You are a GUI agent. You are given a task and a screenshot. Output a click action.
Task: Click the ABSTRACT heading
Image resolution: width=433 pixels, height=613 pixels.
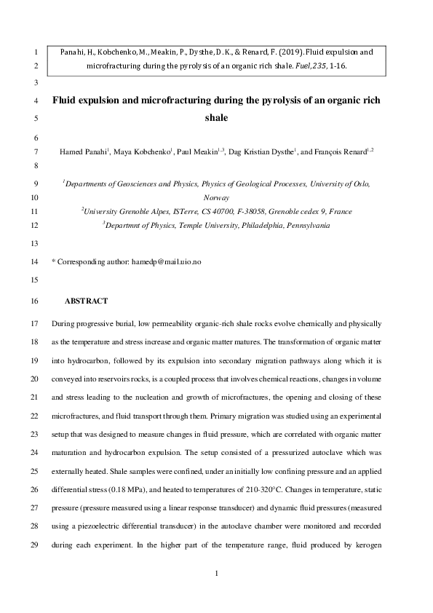click(87, 301)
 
